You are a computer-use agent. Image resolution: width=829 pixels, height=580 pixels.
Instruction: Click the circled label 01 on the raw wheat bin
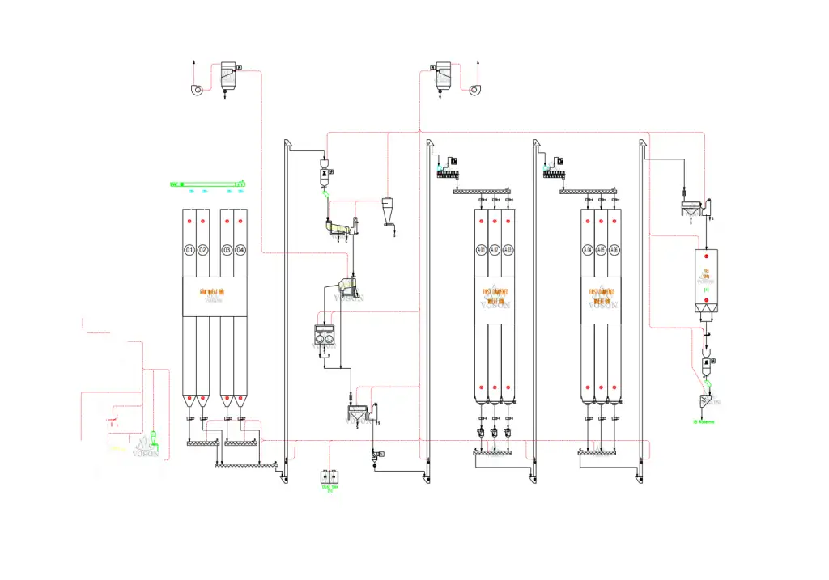click(189, 250)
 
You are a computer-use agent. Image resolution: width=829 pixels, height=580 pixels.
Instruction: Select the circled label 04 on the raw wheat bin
click(240, 250)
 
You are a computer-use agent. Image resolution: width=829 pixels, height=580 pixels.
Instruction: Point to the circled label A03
click(508, 250)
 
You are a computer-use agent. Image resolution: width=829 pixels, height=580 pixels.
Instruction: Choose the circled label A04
click(588, 250)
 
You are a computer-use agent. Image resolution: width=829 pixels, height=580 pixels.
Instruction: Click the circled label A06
click(614, 250)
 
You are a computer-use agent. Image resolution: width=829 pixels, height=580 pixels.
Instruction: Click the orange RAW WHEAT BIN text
click(215, 291)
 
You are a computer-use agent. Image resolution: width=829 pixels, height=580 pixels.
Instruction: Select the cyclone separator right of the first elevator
click(388, 210)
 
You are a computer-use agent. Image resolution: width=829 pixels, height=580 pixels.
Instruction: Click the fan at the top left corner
click(196, 90)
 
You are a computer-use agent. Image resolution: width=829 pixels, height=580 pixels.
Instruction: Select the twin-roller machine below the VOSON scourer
click(325, 337)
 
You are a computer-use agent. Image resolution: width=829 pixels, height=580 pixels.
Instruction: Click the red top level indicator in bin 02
click(202, 221)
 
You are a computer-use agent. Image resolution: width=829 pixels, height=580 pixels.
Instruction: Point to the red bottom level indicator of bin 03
click(227, 399)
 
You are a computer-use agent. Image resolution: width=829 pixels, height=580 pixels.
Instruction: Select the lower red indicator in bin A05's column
click(602, 384)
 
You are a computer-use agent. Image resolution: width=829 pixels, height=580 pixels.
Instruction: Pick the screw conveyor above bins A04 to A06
click(589, 191)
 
